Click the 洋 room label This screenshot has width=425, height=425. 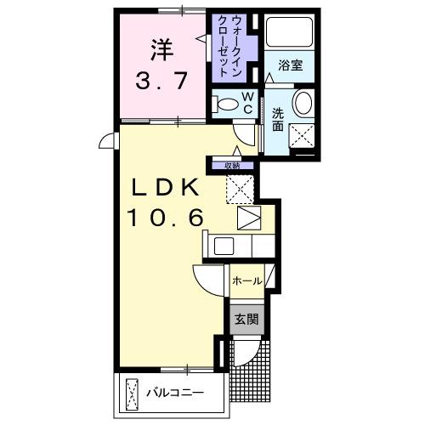pos(163,48)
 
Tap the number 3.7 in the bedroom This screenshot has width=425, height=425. pos(162,82)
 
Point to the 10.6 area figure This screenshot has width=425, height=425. pos(167,218)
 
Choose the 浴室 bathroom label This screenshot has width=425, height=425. pos(289,65)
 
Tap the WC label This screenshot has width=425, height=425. pos(246,102)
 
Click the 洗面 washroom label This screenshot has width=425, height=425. pos(278,119)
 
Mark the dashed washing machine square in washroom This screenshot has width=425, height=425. pos(302,135)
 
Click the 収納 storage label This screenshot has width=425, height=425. pos(232,166)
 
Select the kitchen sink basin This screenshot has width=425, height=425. pos(224,247)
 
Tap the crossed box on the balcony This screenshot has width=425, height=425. pos(133,394)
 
